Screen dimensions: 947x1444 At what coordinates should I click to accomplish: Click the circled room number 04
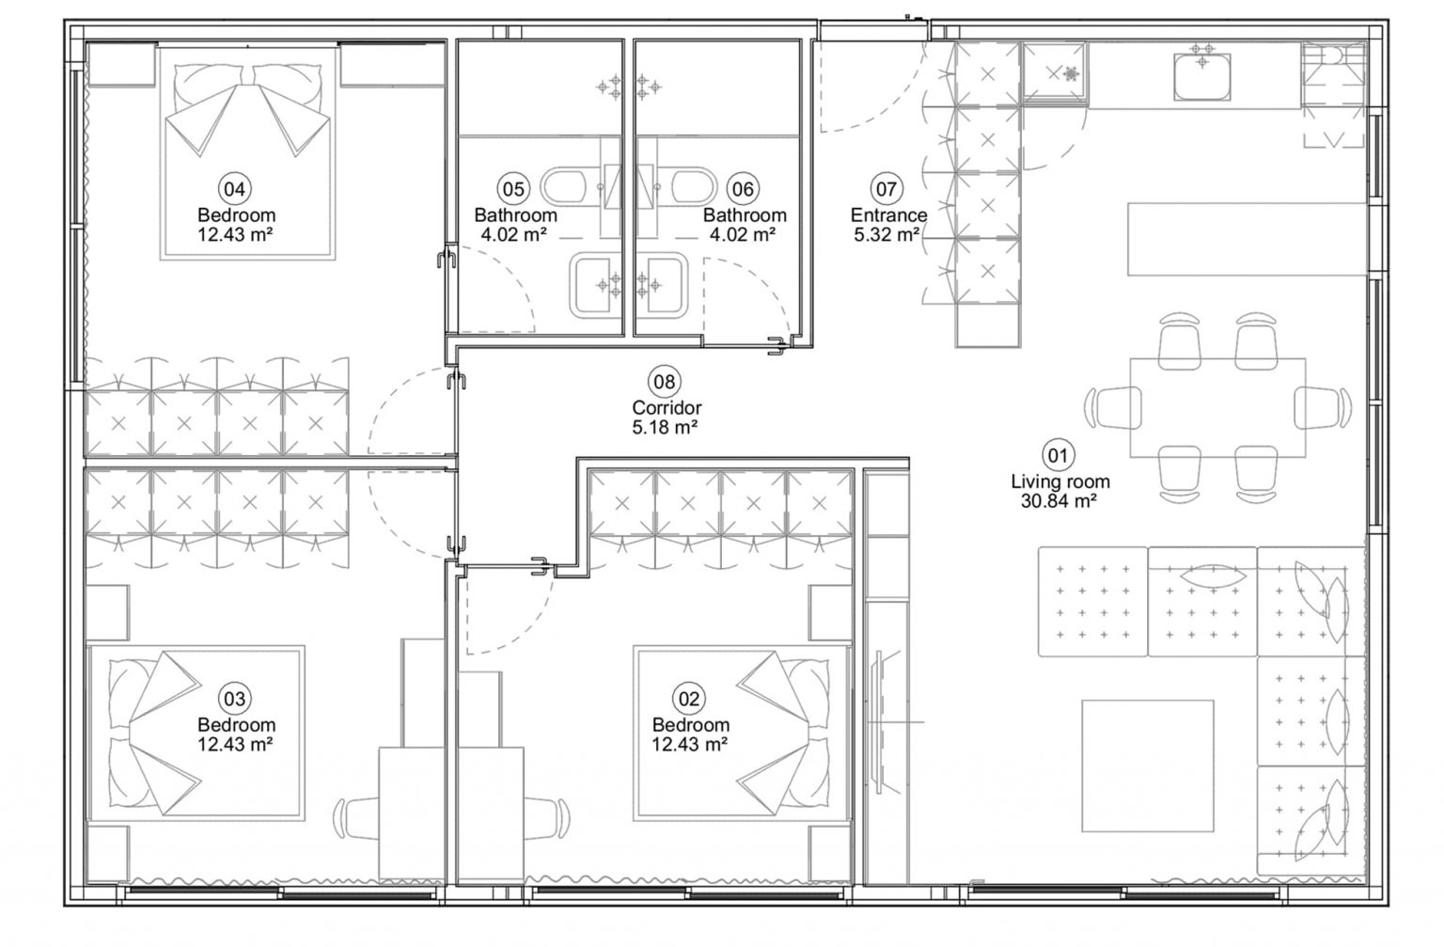click(234, 189)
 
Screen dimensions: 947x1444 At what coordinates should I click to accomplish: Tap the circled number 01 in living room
click(1059, 456)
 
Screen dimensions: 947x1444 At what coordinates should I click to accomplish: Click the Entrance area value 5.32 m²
click(887, 234)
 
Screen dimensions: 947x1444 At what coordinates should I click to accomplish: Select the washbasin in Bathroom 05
click(593, 284)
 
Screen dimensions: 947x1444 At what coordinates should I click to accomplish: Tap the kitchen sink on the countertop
click(1201, 75)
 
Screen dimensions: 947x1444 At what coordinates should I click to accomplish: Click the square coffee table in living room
click(1147, 765)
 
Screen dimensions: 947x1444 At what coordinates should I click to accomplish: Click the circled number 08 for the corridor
click(665, 382)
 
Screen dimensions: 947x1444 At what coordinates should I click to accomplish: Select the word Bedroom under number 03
click(236, 725)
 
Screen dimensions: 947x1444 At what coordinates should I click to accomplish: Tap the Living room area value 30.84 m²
click(1059, 501)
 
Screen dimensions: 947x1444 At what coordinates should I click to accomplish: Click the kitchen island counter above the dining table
click(1247, 239)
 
